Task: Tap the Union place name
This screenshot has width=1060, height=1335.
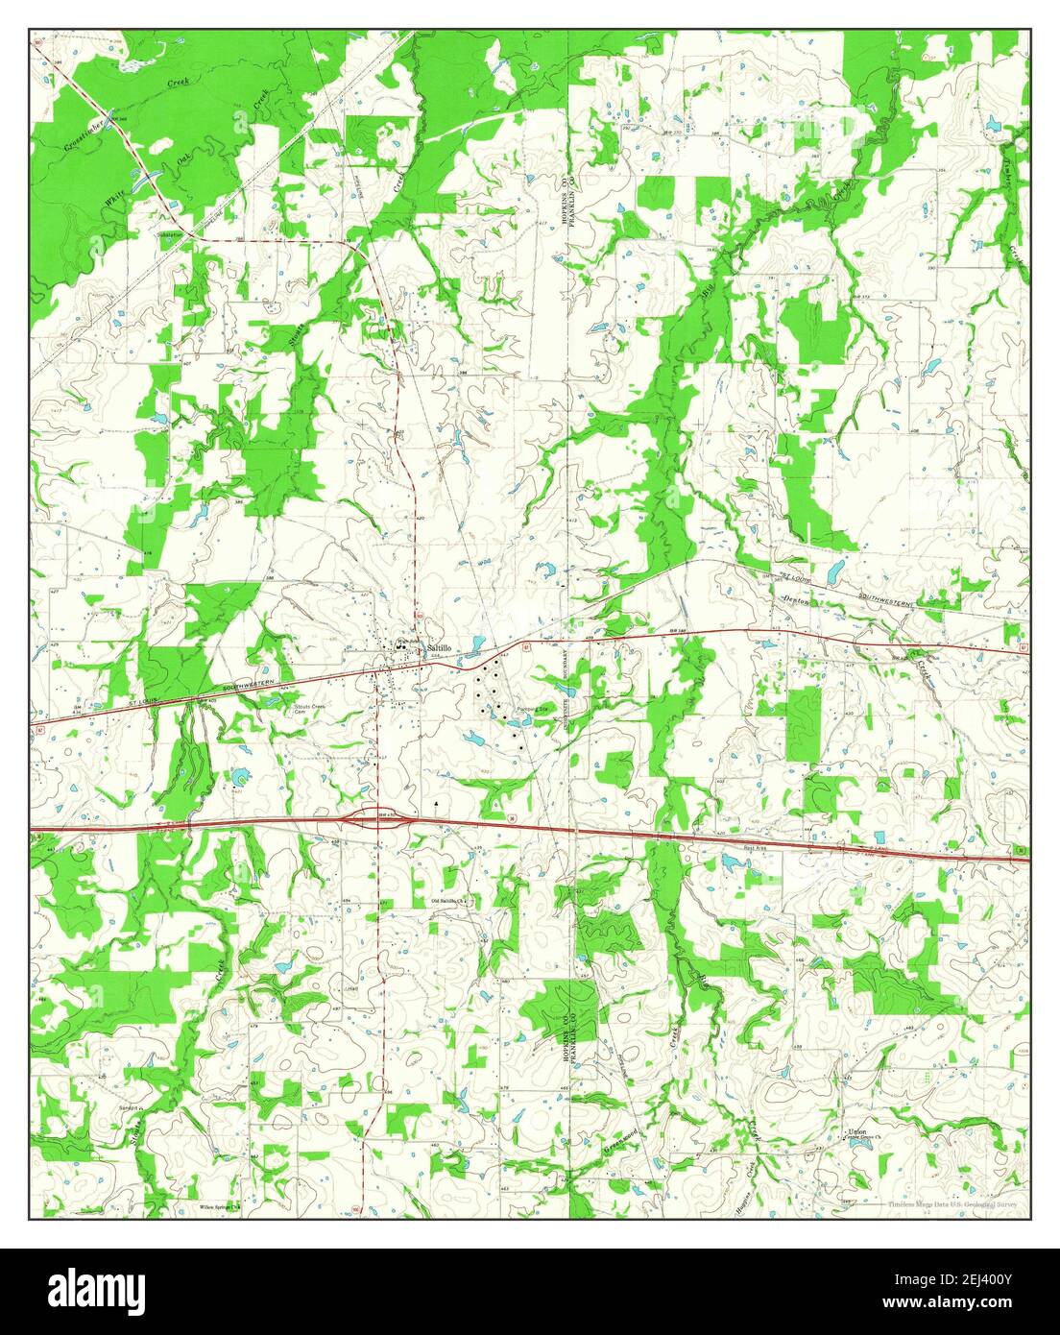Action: click(857, 1132)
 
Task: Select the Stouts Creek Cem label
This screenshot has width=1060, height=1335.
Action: click(310, 710)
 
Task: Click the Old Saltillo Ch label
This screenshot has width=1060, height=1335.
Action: click(448, 900)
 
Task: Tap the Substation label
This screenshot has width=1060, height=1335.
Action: click(171, 233)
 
